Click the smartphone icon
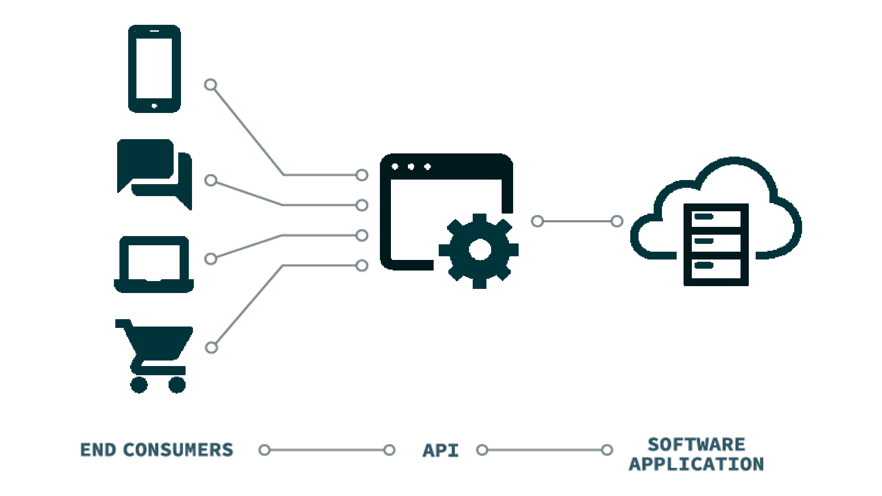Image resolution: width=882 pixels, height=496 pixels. [154, 69]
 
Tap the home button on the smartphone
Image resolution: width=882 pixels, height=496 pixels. [154, 106]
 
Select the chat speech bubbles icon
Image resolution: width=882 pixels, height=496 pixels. [154, 172]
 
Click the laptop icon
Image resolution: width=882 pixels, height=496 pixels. [154, 264]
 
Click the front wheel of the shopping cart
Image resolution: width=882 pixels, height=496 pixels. [177, 385]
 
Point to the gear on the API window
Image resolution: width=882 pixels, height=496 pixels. [479, 250]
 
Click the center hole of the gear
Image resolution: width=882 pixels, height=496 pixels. [480, 250]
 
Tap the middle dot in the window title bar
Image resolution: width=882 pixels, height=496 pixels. [411, 167]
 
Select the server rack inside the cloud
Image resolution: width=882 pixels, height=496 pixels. [716, 244]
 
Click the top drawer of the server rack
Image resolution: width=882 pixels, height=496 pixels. [716, 218]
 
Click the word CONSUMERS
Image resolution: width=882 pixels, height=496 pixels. [178, 450]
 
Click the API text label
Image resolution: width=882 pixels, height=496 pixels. [441, 451]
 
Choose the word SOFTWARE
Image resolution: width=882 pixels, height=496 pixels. [696, 445]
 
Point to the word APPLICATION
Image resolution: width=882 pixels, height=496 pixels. [696, 464]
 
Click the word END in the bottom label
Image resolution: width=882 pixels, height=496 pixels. [98, 450]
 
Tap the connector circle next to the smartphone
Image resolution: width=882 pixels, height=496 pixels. [210, 85]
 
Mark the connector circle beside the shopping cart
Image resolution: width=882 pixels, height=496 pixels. [211, 348]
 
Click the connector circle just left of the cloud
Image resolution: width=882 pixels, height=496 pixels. [617, 221]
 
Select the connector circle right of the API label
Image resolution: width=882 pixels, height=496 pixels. [482, 450]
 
